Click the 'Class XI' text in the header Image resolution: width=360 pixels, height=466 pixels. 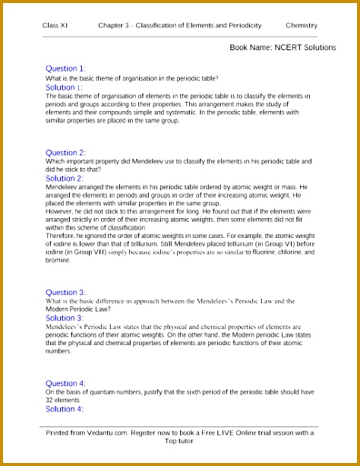pyautogui.click(x=54, y=26)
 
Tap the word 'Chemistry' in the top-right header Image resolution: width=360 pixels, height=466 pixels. pyautogui.click(x=302, y=26)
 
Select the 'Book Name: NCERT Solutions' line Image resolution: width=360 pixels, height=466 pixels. pyautogui.click(x=283, y=47)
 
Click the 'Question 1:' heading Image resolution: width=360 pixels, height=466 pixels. pyautogui.click(x=66, y=68)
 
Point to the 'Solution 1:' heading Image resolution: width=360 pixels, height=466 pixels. pyautogui.click(x=65, y=87)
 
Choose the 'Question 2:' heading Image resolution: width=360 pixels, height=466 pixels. pyautogui.click(x=66, y=153)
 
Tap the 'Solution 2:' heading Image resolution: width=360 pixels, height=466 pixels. pyautogui.click(x=65, y=179)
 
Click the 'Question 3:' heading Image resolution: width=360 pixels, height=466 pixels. pyautogui.click(x=66, y=292)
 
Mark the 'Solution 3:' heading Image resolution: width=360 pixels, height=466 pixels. pyautogui.click(x=65, y=318)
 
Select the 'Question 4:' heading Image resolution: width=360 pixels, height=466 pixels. pyautogui.click(x=66, y=382)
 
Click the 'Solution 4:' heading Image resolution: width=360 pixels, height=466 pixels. pyautogui.click(x=65, y=409)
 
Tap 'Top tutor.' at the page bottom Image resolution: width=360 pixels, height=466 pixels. pyautogui.click(x=179, y=441)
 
